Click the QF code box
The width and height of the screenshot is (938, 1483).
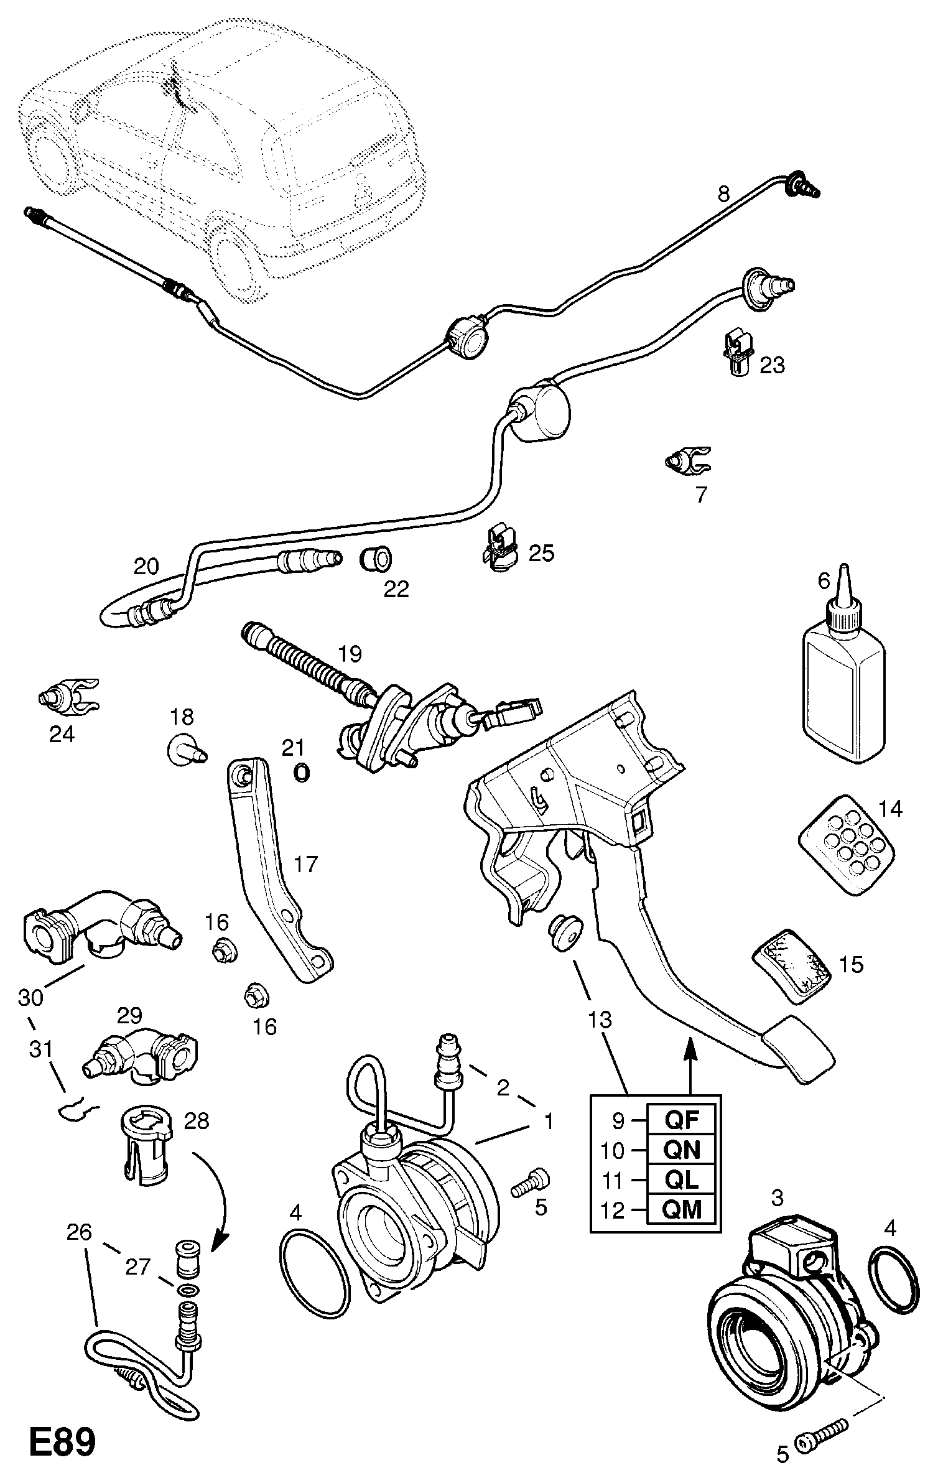pyautogui.click(x=682, y=1120)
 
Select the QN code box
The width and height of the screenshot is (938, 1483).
pyautogui.click(x=682, y=1150)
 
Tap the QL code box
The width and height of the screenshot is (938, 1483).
pyautogui.click(x=682, y=1179)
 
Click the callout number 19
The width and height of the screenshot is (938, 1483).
pyautogui.click(x=350, y=654)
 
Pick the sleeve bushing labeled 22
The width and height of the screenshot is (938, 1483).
pyautogui.click(x=375, y=558)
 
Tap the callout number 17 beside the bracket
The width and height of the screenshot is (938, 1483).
pyautogui.click(x=305, y=864)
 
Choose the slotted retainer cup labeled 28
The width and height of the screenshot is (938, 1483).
pyautogui.click(x=144, y=1145)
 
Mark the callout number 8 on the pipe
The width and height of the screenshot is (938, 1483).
pyautogui.click(x=723, y=195)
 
